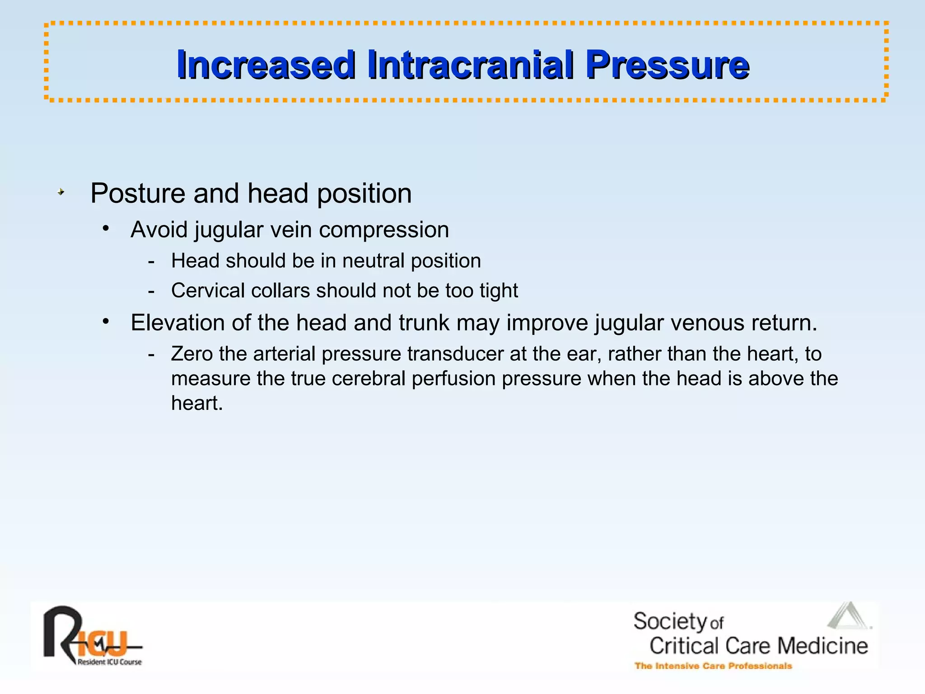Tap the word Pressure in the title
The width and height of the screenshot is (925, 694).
click(667, 65)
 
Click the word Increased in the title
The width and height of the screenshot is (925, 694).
click(266, 65)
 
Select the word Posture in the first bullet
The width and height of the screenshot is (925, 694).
click(138, 193)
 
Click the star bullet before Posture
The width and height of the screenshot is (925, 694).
click(61, 192)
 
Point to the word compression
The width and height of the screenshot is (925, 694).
click(383, 230)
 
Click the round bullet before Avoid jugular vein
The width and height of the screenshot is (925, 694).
click(106, 229)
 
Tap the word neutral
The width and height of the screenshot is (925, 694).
click(373, 261)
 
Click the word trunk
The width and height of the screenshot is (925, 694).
click(424, 323)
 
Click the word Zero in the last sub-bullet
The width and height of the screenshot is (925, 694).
click(192, 354)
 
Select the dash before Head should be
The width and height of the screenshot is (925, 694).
click(151, 262)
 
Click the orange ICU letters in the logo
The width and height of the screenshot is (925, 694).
click(102, 643)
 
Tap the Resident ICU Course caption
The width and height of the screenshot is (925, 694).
click(110, 662)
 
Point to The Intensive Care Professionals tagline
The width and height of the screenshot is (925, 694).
click(713, 666)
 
